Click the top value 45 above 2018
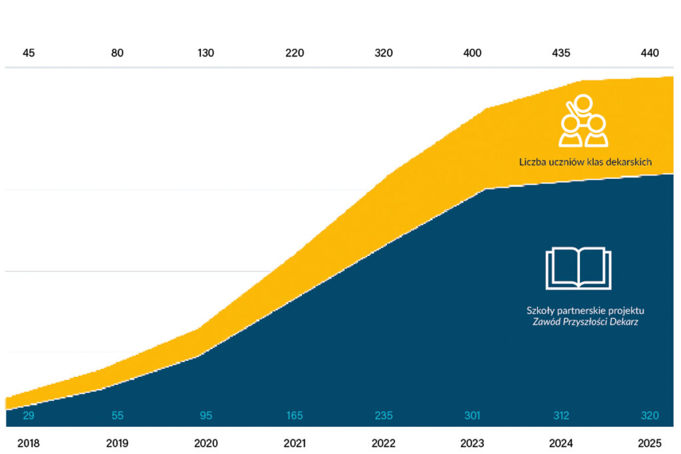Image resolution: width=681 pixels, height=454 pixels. [29, 53]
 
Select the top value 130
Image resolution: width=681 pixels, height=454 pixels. [206, 53]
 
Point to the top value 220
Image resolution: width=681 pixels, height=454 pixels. [295, 53]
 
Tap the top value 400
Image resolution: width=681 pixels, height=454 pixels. [472, 53]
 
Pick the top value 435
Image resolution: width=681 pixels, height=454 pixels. [561, 53]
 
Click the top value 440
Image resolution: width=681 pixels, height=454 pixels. [650, 53]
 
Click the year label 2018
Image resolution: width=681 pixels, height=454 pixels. [29, 443]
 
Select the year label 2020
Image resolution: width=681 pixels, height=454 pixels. [206, 443]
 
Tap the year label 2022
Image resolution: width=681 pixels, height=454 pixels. [384, 443]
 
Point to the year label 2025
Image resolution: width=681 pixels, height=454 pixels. [650, 443]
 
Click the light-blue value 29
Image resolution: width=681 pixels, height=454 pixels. [29, 416]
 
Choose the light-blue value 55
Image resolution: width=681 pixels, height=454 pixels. [117, 416]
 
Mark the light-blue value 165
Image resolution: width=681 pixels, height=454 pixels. [295, 416]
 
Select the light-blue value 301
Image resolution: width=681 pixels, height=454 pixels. [472, 416]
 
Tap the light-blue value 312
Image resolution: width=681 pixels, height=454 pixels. [561, 416]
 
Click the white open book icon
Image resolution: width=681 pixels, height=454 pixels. [578, 269]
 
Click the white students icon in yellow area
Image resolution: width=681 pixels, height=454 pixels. [584, 122]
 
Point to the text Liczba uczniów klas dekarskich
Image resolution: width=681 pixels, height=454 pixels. [585, 162]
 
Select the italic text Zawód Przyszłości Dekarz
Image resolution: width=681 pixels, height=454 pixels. [585, 322]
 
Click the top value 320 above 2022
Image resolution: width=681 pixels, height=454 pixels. [384, 53]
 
